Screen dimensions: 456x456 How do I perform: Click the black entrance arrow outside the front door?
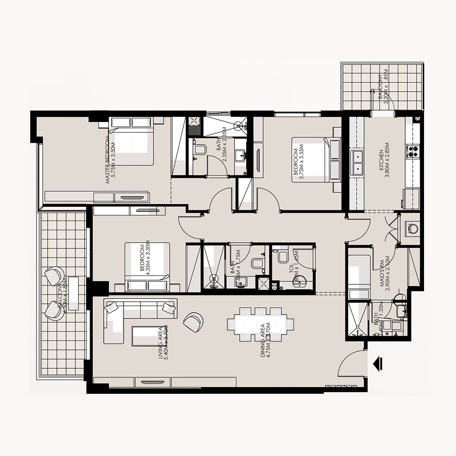(x=377, y=363)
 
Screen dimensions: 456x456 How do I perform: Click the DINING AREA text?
(x=263, y=340)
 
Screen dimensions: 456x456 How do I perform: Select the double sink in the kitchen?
(x=358, y=162)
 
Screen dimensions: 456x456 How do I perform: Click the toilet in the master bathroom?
(x=199, y=150)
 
